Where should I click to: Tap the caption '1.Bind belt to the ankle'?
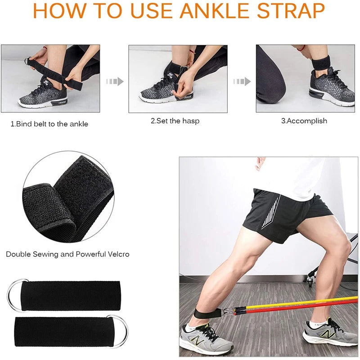click(49, 124)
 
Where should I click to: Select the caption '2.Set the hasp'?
click(175, 121)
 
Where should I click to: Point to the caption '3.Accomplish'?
click(304, 121)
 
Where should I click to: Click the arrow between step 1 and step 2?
click(114, 81)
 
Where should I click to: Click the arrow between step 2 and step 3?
click(242, 81)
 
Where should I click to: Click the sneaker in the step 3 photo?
click(332, 85)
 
